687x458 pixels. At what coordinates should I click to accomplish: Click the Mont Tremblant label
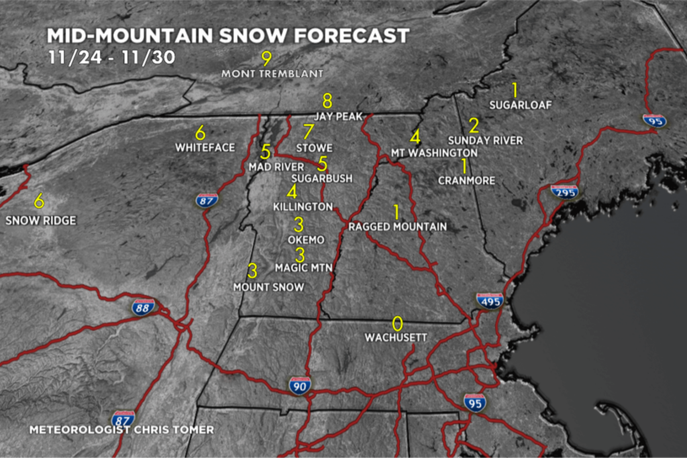(272, 73)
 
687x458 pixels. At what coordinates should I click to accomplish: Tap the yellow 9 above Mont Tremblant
(266, 58)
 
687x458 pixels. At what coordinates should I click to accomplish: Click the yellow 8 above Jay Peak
(327, 101)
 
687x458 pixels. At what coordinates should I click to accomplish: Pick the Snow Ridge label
(41, 220)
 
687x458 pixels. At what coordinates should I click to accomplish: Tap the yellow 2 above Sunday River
(474, 125)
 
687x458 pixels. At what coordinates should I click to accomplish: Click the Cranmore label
(466, 180)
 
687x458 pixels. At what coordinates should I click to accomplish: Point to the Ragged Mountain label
(398, 227)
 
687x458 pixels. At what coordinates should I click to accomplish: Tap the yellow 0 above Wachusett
(397, 324)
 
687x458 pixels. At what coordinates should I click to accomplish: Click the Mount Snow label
(268, 287)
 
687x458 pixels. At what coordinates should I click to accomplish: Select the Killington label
(303, 207)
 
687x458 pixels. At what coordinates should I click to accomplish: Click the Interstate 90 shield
(300, 385)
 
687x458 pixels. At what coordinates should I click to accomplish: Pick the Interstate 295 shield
(564, 191)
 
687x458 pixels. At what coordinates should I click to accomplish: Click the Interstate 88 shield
(143, 307)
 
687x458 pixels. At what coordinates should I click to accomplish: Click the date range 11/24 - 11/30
(111, 56)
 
